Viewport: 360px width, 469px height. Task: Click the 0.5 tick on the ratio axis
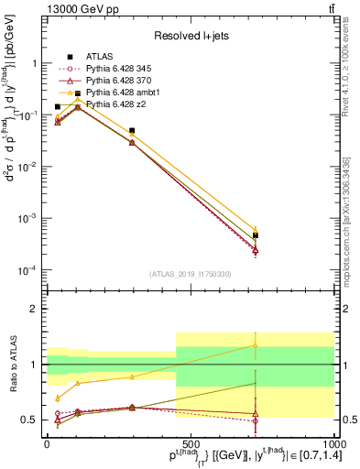point(32,420)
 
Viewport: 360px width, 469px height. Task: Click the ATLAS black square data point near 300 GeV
point(133,131)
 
